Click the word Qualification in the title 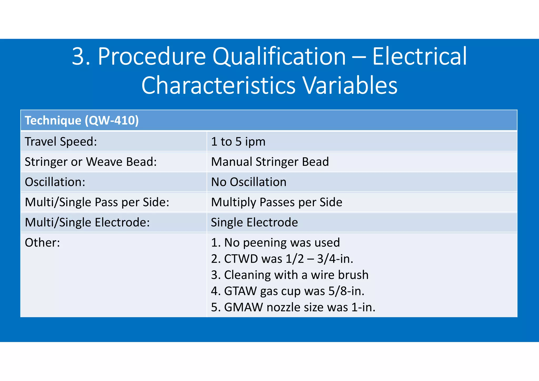[279, 57]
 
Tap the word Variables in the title [350, 86]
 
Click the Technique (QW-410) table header [82, 121]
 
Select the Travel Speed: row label [61, 142]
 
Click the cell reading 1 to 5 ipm [238, 142]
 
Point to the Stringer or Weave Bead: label [91, 162]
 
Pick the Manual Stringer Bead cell [270, 162]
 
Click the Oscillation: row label [55, 182]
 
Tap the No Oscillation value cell [249, 182]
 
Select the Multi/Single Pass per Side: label [97, 202]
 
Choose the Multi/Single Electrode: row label [87, 223]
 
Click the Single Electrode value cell [254, 223]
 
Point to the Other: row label [42, 243]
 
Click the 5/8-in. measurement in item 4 [346, 291]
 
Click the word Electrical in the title [419, 57]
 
